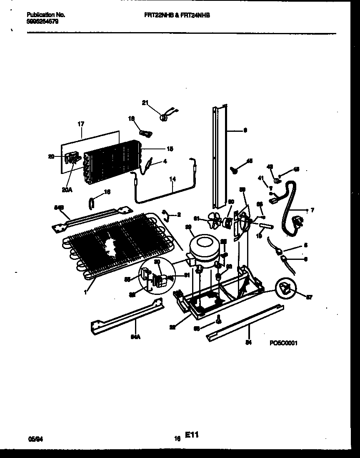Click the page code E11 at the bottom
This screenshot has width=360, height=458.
[191, 435]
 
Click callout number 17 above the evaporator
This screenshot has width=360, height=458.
[81, 124]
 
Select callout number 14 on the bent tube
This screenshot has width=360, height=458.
[172, 179]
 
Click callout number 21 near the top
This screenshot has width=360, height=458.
[145, 103]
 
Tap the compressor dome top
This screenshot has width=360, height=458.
[204, 242]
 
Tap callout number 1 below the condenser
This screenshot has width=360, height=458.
[85, 292]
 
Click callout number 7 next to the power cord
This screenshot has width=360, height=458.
[312, 210]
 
